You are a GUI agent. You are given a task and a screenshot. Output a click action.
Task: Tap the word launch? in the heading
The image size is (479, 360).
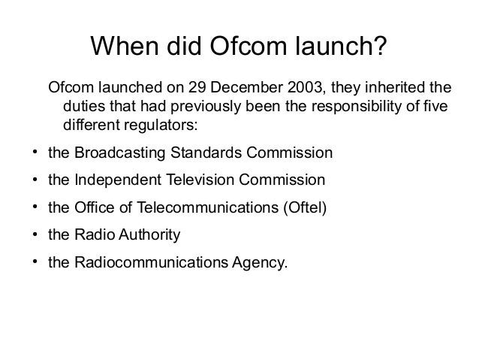348,48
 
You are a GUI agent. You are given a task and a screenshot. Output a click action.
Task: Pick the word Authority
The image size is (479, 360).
147,235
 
